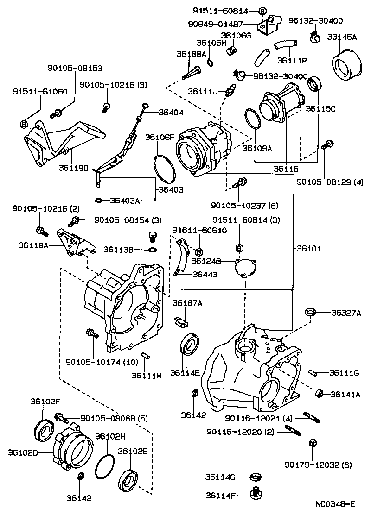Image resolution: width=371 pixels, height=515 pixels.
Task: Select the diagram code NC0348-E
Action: [x=335, y=503]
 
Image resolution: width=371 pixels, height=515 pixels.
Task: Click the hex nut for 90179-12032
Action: [x=312, y=442]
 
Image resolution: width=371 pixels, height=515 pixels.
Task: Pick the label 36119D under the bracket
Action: [x=74, y=167]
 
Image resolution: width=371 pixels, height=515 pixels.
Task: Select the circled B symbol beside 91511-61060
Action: [x=24, y=124]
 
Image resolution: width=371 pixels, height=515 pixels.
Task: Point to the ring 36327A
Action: [x=310, y=312]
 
